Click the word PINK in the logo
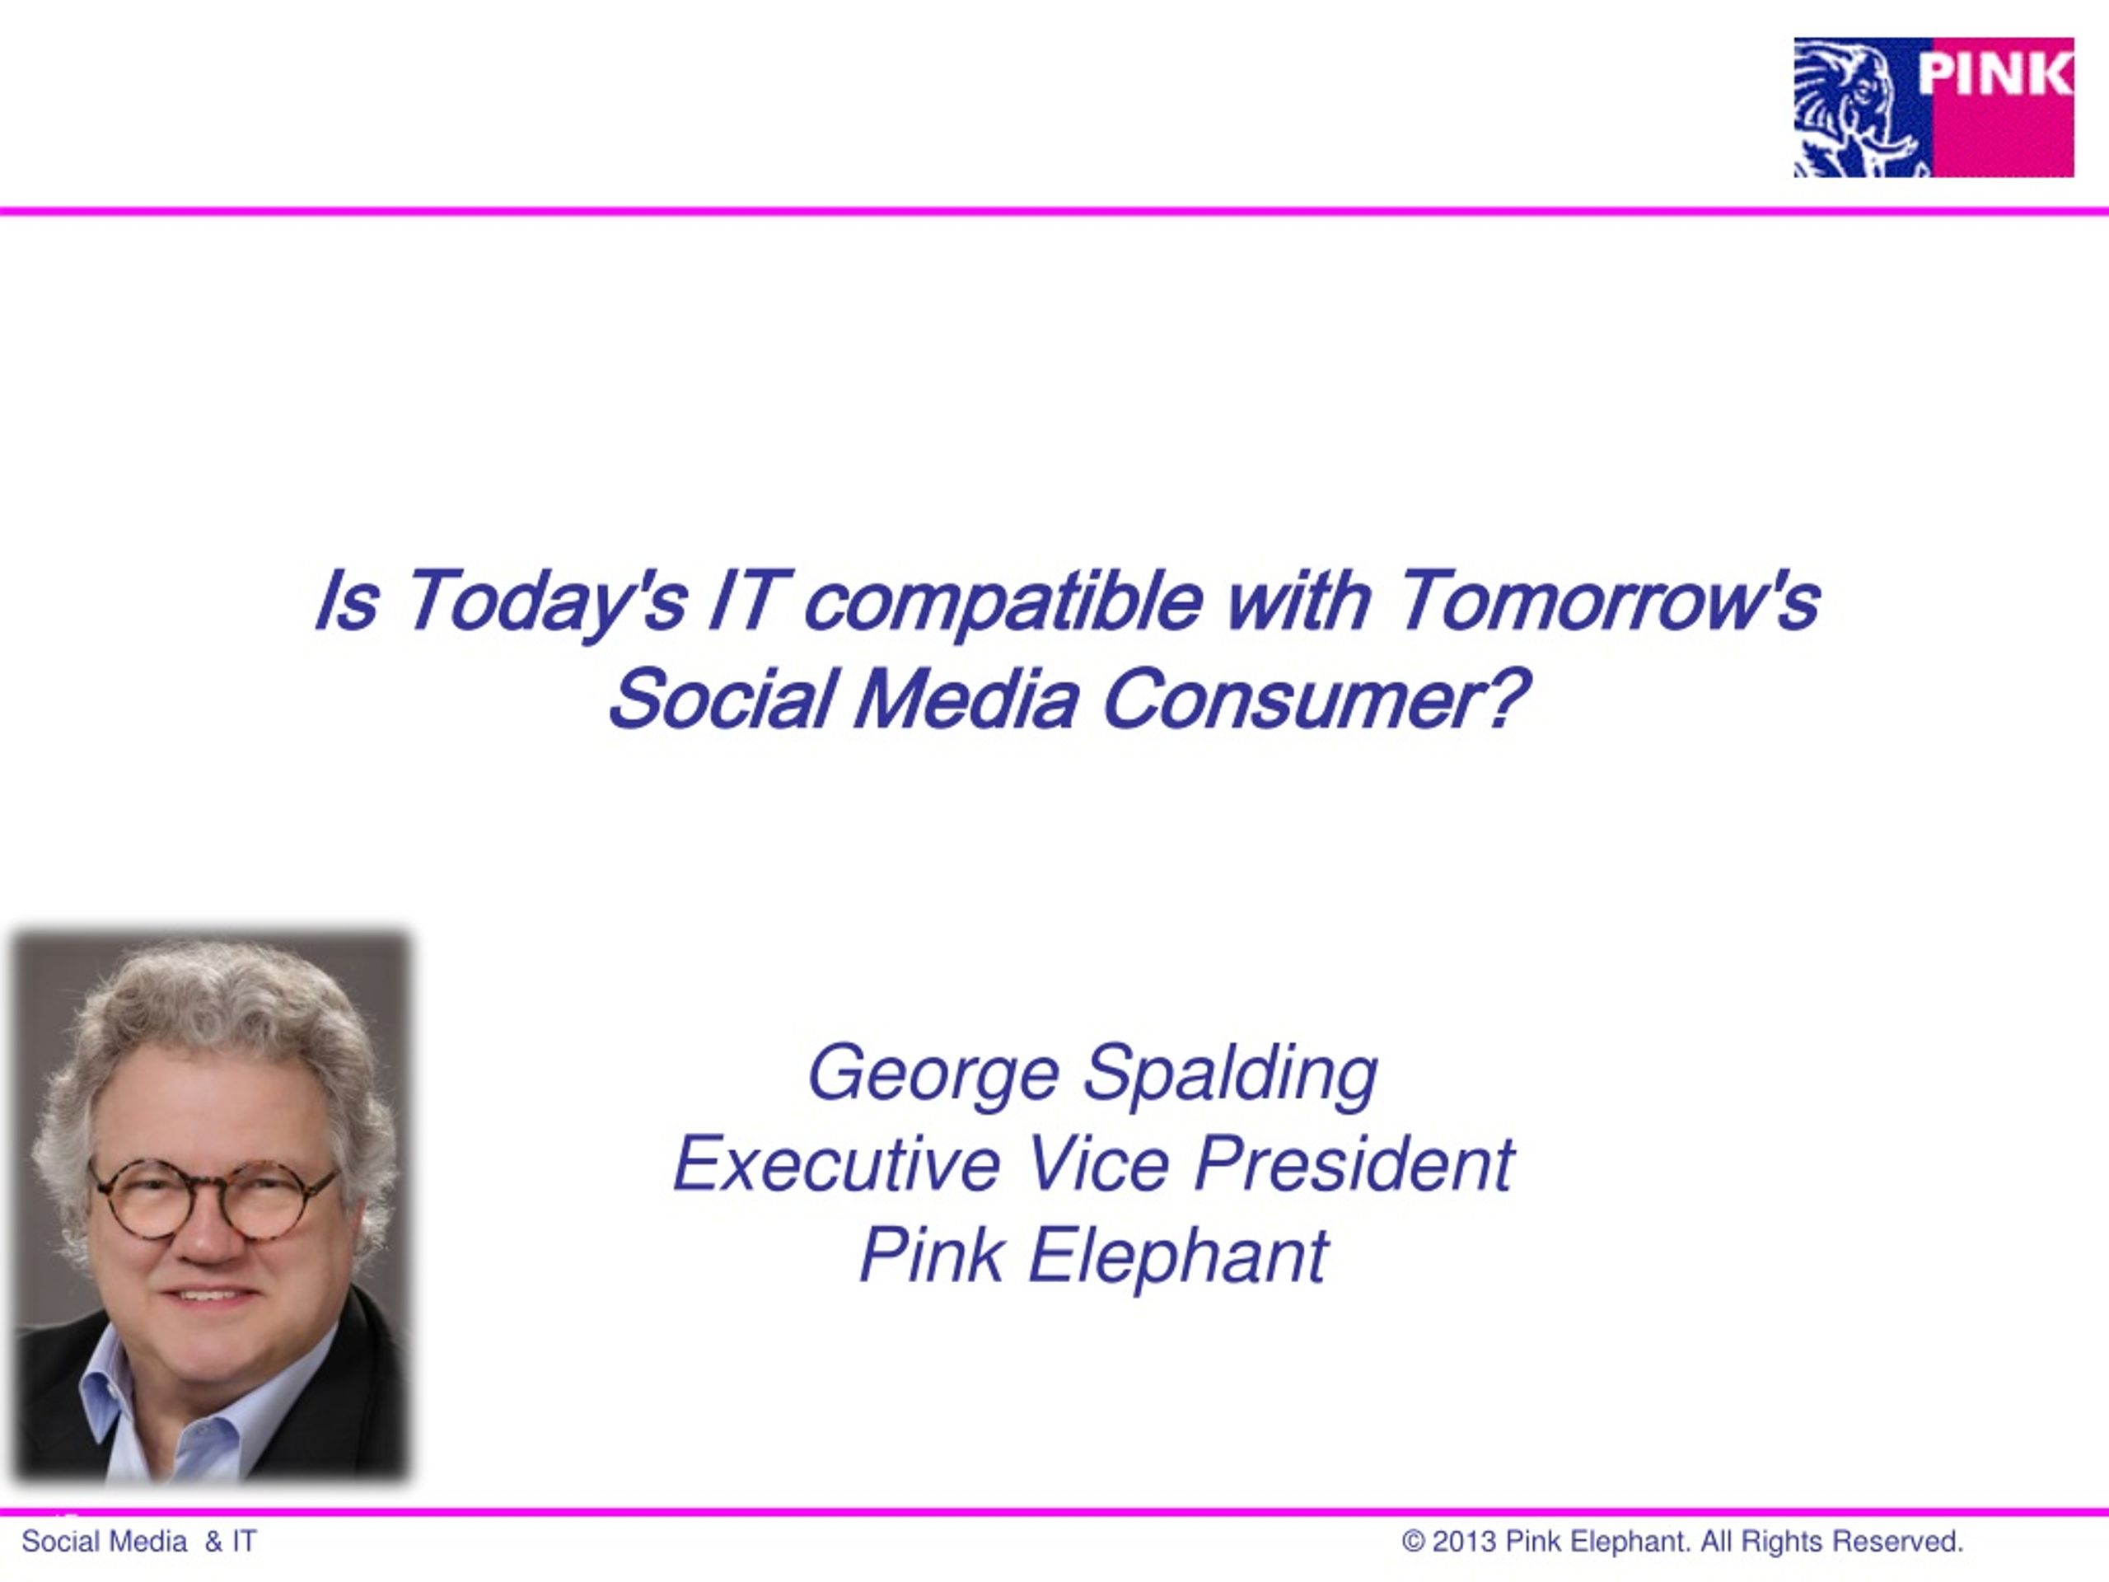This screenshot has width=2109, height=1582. (x=1994, y=74)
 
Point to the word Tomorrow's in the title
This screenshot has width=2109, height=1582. (x=1611, y=601)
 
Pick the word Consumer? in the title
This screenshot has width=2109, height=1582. (x=1316, y=699)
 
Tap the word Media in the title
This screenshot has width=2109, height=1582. (x=966, y=699)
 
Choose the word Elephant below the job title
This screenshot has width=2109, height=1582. (x=1177, y=1256)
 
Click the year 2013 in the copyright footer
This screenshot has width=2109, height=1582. (x=1465, y=1541)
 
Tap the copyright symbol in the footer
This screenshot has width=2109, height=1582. (x=1413, y=1542)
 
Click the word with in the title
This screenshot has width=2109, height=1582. (x=1299, y=601)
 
